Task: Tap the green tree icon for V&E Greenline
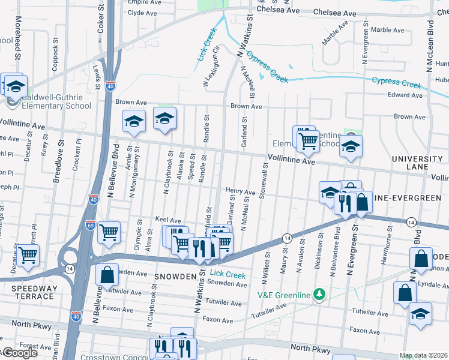click(x=320, y=294)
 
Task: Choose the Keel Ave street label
click(x=168, y=220)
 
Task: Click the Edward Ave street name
click(x=405, y=95)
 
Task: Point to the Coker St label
click(x=100, y=16)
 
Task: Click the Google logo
click(x=19, y=353)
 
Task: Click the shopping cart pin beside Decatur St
click(x=28, y=254)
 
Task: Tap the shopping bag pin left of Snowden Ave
click(x=107, y=275)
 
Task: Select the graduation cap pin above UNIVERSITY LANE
click(x=351, y=146)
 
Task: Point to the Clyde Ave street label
click(x=143, y=13)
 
